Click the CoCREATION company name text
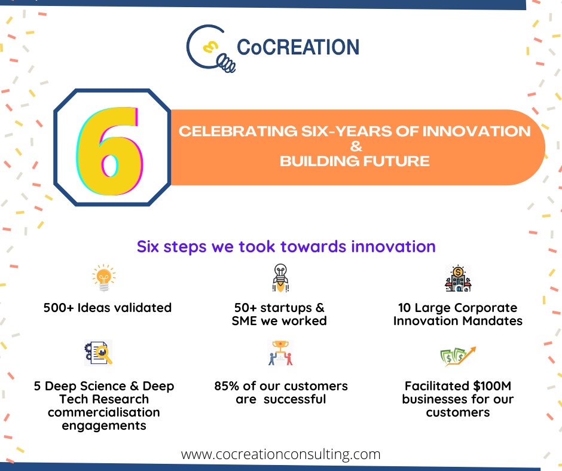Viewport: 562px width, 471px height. [298, 47]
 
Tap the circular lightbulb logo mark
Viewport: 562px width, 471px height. [209, 47]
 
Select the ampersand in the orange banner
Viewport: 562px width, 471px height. [355, 146]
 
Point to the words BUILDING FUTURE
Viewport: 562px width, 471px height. [355, 161]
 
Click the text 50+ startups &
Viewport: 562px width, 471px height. [279, 308]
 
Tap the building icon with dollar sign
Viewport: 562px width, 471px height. [458, 279]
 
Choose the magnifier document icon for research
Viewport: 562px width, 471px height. [98, 353]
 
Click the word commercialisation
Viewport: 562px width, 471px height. [104, 412]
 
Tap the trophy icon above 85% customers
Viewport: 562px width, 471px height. [280, 353]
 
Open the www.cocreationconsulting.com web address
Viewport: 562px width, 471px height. [280, 454]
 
